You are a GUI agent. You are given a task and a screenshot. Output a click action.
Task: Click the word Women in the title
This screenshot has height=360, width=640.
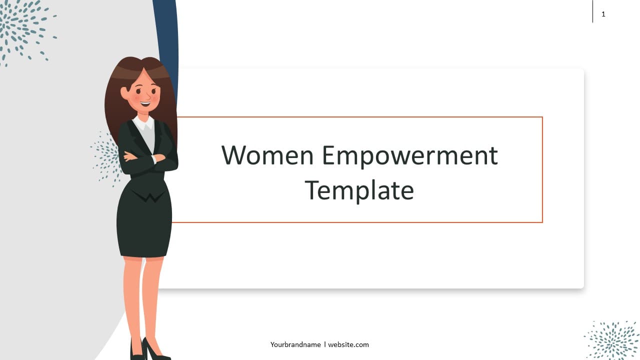(267, 155)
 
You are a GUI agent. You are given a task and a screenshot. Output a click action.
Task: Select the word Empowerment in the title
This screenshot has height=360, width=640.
(410, 157)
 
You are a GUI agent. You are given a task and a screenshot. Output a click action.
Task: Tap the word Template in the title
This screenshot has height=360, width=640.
(359, 191)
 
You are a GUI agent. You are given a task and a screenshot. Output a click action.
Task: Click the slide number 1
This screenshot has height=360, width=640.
(603, 14)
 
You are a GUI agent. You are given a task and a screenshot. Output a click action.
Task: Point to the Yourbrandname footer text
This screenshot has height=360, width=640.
(295, 344)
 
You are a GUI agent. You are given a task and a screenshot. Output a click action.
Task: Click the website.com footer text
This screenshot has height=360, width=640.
(348, 344)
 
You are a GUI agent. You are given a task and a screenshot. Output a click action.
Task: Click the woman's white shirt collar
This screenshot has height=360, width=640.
(143, 123)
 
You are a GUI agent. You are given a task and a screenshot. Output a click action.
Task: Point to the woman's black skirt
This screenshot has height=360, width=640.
(144, 225)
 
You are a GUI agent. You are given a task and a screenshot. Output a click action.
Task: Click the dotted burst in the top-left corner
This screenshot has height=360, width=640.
(25, 28)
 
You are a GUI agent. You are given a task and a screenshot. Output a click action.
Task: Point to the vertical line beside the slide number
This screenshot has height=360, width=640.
(593, 11)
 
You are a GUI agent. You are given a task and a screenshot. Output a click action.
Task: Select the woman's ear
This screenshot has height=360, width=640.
(124, 93)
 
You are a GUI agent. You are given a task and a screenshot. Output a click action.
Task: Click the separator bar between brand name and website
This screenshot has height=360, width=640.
(325, 344)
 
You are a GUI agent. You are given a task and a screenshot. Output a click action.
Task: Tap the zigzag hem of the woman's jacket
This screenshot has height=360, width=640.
(148, 196)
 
